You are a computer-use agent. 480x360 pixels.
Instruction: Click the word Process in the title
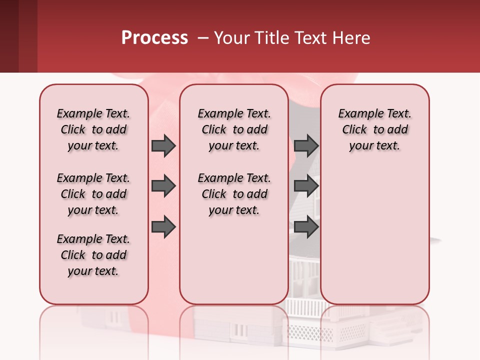pyautogui.click(x=154, y=38)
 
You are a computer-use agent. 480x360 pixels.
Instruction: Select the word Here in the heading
pyautogui.click(x=351, y=38)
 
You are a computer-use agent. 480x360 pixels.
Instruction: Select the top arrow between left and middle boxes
pyautogui.click(x=163, y=145)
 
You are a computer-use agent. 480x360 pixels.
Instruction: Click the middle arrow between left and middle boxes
pyautogui.click(x=163, y=186)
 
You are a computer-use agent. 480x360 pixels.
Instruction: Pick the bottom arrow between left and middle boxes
pyautogui.click(x=163, y=227)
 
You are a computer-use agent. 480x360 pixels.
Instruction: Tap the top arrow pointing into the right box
pyautogui.click(x=306, y=145)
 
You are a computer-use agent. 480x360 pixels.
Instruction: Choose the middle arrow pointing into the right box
pyautogui.click(x=306, y=186)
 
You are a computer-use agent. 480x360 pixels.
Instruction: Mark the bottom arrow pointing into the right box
pyautogui.click(x=306, y=227)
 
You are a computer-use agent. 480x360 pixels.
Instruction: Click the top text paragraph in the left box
pyautogui.click(x=93, y=129)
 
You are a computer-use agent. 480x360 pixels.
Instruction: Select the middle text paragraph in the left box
pyautogui.click(x=93, y=194)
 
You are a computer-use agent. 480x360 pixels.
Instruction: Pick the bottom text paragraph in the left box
pyautogui.click(x=93, y=255)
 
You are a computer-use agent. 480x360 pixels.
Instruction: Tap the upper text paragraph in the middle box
pyautogui.click(x=234, y=129)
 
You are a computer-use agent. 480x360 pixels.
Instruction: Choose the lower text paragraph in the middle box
pyautogui.click(x=234, y=194)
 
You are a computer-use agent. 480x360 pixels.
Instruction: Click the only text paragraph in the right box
pyautogui.click(x=374, y=129)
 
